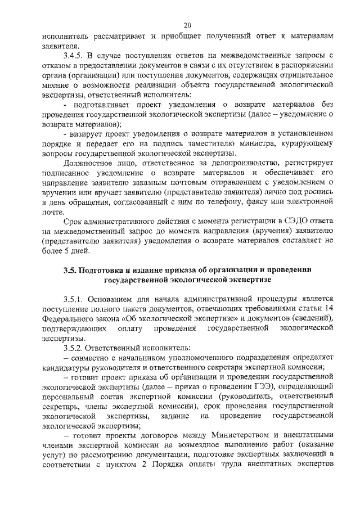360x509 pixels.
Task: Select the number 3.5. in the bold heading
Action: [x=71, y=269]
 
